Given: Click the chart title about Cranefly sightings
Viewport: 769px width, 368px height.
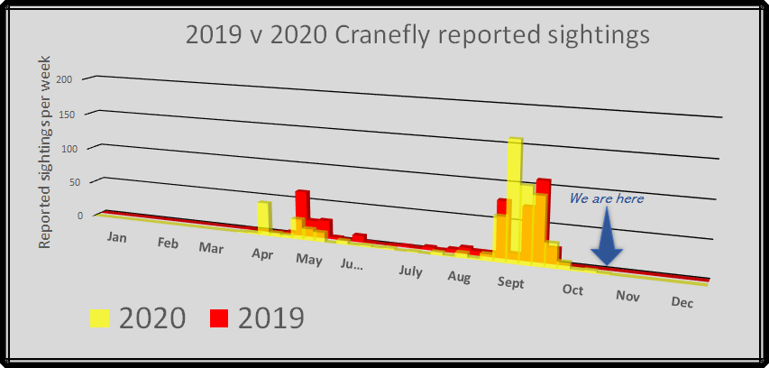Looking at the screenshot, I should pyautogui.click(x=417, y=36).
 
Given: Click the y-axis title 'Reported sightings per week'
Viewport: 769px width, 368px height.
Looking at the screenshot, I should pyautogui.click(x=44, y=152).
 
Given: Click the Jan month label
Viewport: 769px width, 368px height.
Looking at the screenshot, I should pyautogui.click(x=116, y=236).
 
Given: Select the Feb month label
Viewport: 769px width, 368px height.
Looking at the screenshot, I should pyautogui.click(x=168, y=244).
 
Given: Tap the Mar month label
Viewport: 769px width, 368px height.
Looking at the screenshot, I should pyautogui.click(x=211, y=248).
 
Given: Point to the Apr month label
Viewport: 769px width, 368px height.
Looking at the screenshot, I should pyautogui.click(x=262, y=254).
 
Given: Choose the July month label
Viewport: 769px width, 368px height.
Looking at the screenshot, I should pyautogui.click(x=410, y=271).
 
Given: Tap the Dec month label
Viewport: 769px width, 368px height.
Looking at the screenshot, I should pyautogui.click(x=682, y=302).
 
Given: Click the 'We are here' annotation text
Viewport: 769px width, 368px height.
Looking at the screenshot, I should pyautogui.click(x=606, y=198).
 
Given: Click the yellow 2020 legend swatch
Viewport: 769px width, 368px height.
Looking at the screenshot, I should pyautogui.click(x=100, y=318).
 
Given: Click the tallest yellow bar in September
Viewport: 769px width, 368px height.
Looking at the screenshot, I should pyautogui.click(x=515, y=194).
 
